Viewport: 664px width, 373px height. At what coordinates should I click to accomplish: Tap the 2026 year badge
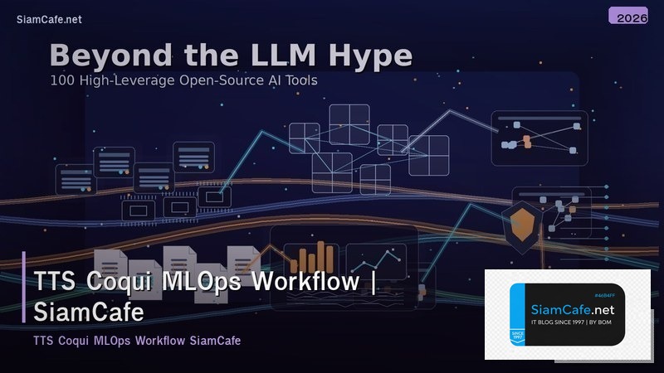pyautogui.click(x=628, y=17)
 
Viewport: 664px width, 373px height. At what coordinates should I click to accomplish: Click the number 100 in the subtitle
pyautogui.click(x=62, y=81)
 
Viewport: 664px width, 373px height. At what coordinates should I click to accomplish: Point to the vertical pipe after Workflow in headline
pyautogui.click(x=373, y=281)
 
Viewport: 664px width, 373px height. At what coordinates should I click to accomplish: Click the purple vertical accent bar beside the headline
pyautogui.click(x=24, y=287)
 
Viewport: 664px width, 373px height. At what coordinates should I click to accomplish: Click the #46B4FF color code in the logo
pyautogui.click(x=610, y=295)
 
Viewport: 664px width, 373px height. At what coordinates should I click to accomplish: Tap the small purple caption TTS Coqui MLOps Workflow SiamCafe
pyautogui.click(x=137, y=341)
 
